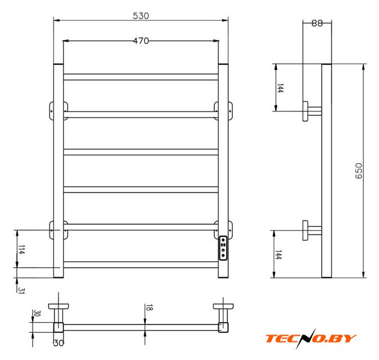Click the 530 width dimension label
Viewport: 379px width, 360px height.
click(141, 16)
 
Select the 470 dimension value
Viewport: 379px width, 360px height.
click(141, 41)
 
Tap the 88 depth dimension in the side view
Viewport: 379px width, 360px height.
click(317, 23)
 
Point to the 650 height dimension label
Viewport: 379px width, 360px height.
click(359, 171)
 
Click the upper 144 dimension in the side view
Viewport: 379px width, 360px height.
click(279, 88)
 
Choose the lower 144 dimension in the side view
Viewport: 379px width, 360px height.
click(278, 255)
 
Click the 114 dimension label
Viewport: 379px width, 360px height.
click(21, 250)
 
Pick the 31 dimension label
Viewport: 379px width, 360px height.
click(21, 290)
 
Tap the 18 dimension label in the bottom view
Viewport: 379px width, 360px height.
click(149, 308)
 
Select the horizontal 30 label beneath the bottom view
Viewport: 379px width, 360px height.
click(58, 343)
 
